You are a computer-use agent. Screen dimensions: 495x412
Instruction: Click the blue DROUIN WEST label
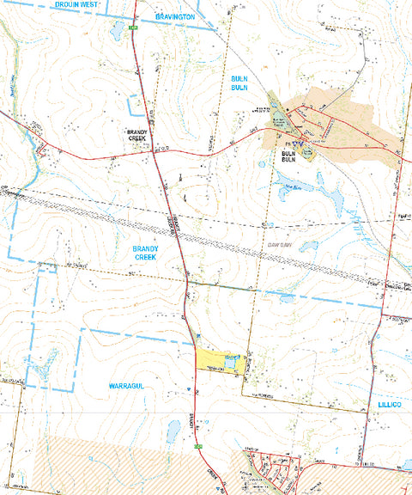click(75, 5)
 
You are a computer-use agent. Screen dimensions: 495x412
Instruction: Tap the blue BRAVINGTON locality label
click(175, 16)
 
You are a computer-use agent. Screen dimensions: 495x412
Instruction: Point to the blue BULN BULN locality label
click(239, 83)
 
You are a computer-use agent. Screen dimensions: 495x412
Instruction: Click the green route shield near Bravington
click(134, 28)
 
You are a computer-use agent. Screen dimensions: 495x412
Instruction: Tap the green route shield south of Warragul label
click(197, 447)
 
